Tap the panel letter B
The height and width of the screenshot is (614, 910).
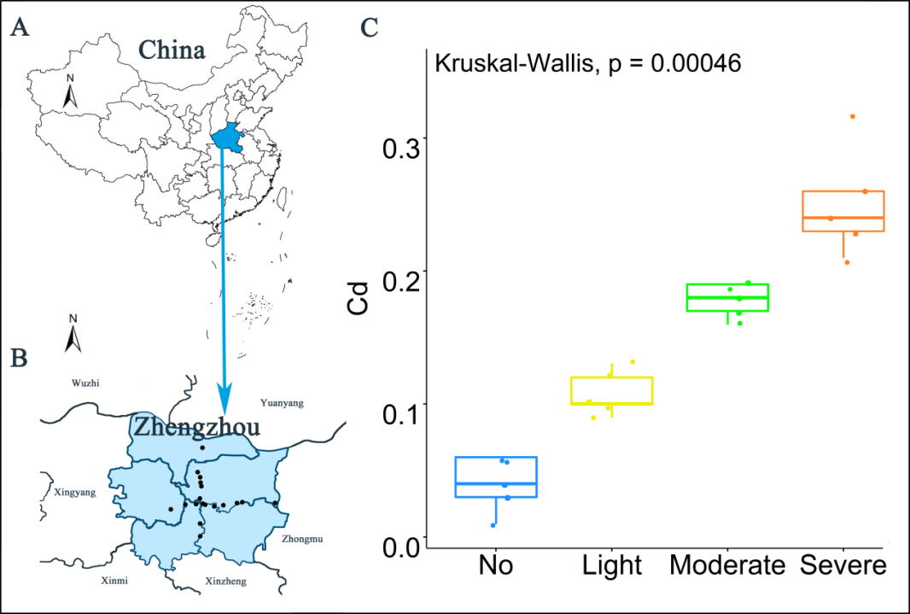[20, 357]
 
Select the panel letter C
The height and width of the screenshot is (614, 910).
[370, 28]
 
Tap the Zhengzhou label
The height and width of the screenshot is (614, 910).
[195, 424]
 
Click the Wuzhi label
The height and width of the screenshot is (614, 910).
[85, 383]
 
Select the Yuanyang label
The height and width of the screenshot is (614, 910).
[281, 401]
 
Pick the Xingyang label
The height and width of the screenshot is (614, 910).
[75, 493]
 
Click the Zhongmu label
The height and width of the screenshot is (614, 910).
[302, 539]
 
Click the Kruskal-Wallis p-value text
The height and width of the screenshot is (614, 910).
[587, 64]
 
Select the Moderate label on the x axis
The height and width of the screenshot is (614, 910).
[726, 565]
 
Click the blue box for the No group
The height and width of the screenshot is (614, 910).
[496, 477]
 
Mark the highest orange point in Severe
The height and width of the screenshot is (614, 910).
[852, 116]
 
